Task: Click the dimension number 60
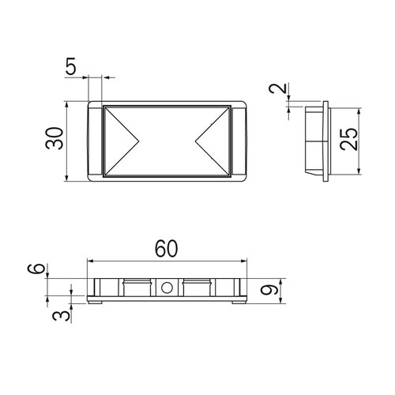click(x=166, y=248)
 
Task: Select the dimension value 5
click(x=72, y=67)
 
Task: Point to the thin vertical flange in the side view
click(x=325, y=141)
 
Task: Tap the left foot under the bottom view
click(x=94, y=301)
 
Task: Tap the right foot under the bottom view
click(x=238, y=301)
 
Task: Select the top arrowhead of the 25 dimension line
click(x=360, y=107)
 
